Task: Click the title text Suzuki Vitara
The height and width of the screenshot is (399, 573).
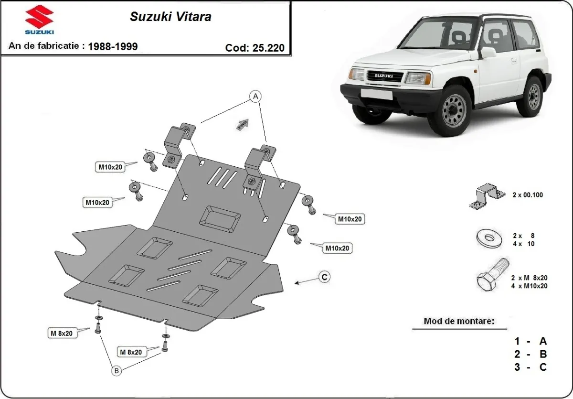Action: click(170, 17)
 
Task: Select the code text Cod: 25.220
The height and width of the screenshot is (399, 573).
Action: click(255, 47)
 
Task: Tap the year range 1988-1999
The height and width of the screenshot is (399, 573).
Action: click(113, 46)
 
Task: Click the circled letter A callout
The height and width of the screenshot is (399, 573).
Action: click(256, 97)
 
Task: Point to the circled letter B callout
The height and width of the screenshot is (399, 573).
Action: click(116, 369)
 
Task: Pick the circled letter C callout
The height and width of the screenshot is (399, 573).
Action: click(324, 277)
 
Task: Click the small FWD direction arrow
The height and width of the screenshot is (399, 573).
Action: click(243, 124)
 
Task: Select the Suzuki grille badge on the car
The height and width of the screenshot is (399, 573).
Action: click(385, 75)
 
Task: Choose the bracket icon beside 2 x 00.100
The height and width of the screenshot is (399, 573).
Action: click(487, 196)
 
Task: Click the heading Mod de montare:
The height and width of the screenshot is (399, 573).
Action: click(459, 321)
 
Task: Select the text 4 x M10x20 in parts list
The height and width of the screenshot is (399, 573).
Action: click(529, 286)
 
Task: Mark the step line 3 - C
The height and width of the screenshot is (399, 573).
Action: click(530, 367)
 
